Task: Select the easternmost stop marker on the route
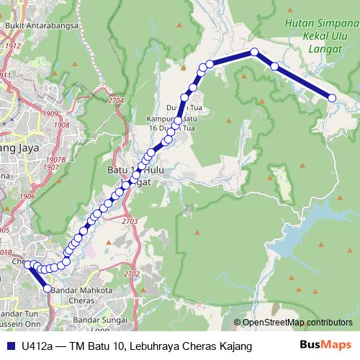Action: click(x=333, y=98)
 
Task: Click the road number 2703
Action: click(x=130, y=220)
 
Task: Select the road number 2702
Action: click(x=132, y=274)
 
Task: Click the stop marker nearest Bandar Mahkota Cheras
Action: click(x=48, y=289)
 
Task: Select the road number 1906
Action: click(x=27, y=196)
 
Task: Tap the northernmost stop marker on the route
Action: click(x=254, y=52)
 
